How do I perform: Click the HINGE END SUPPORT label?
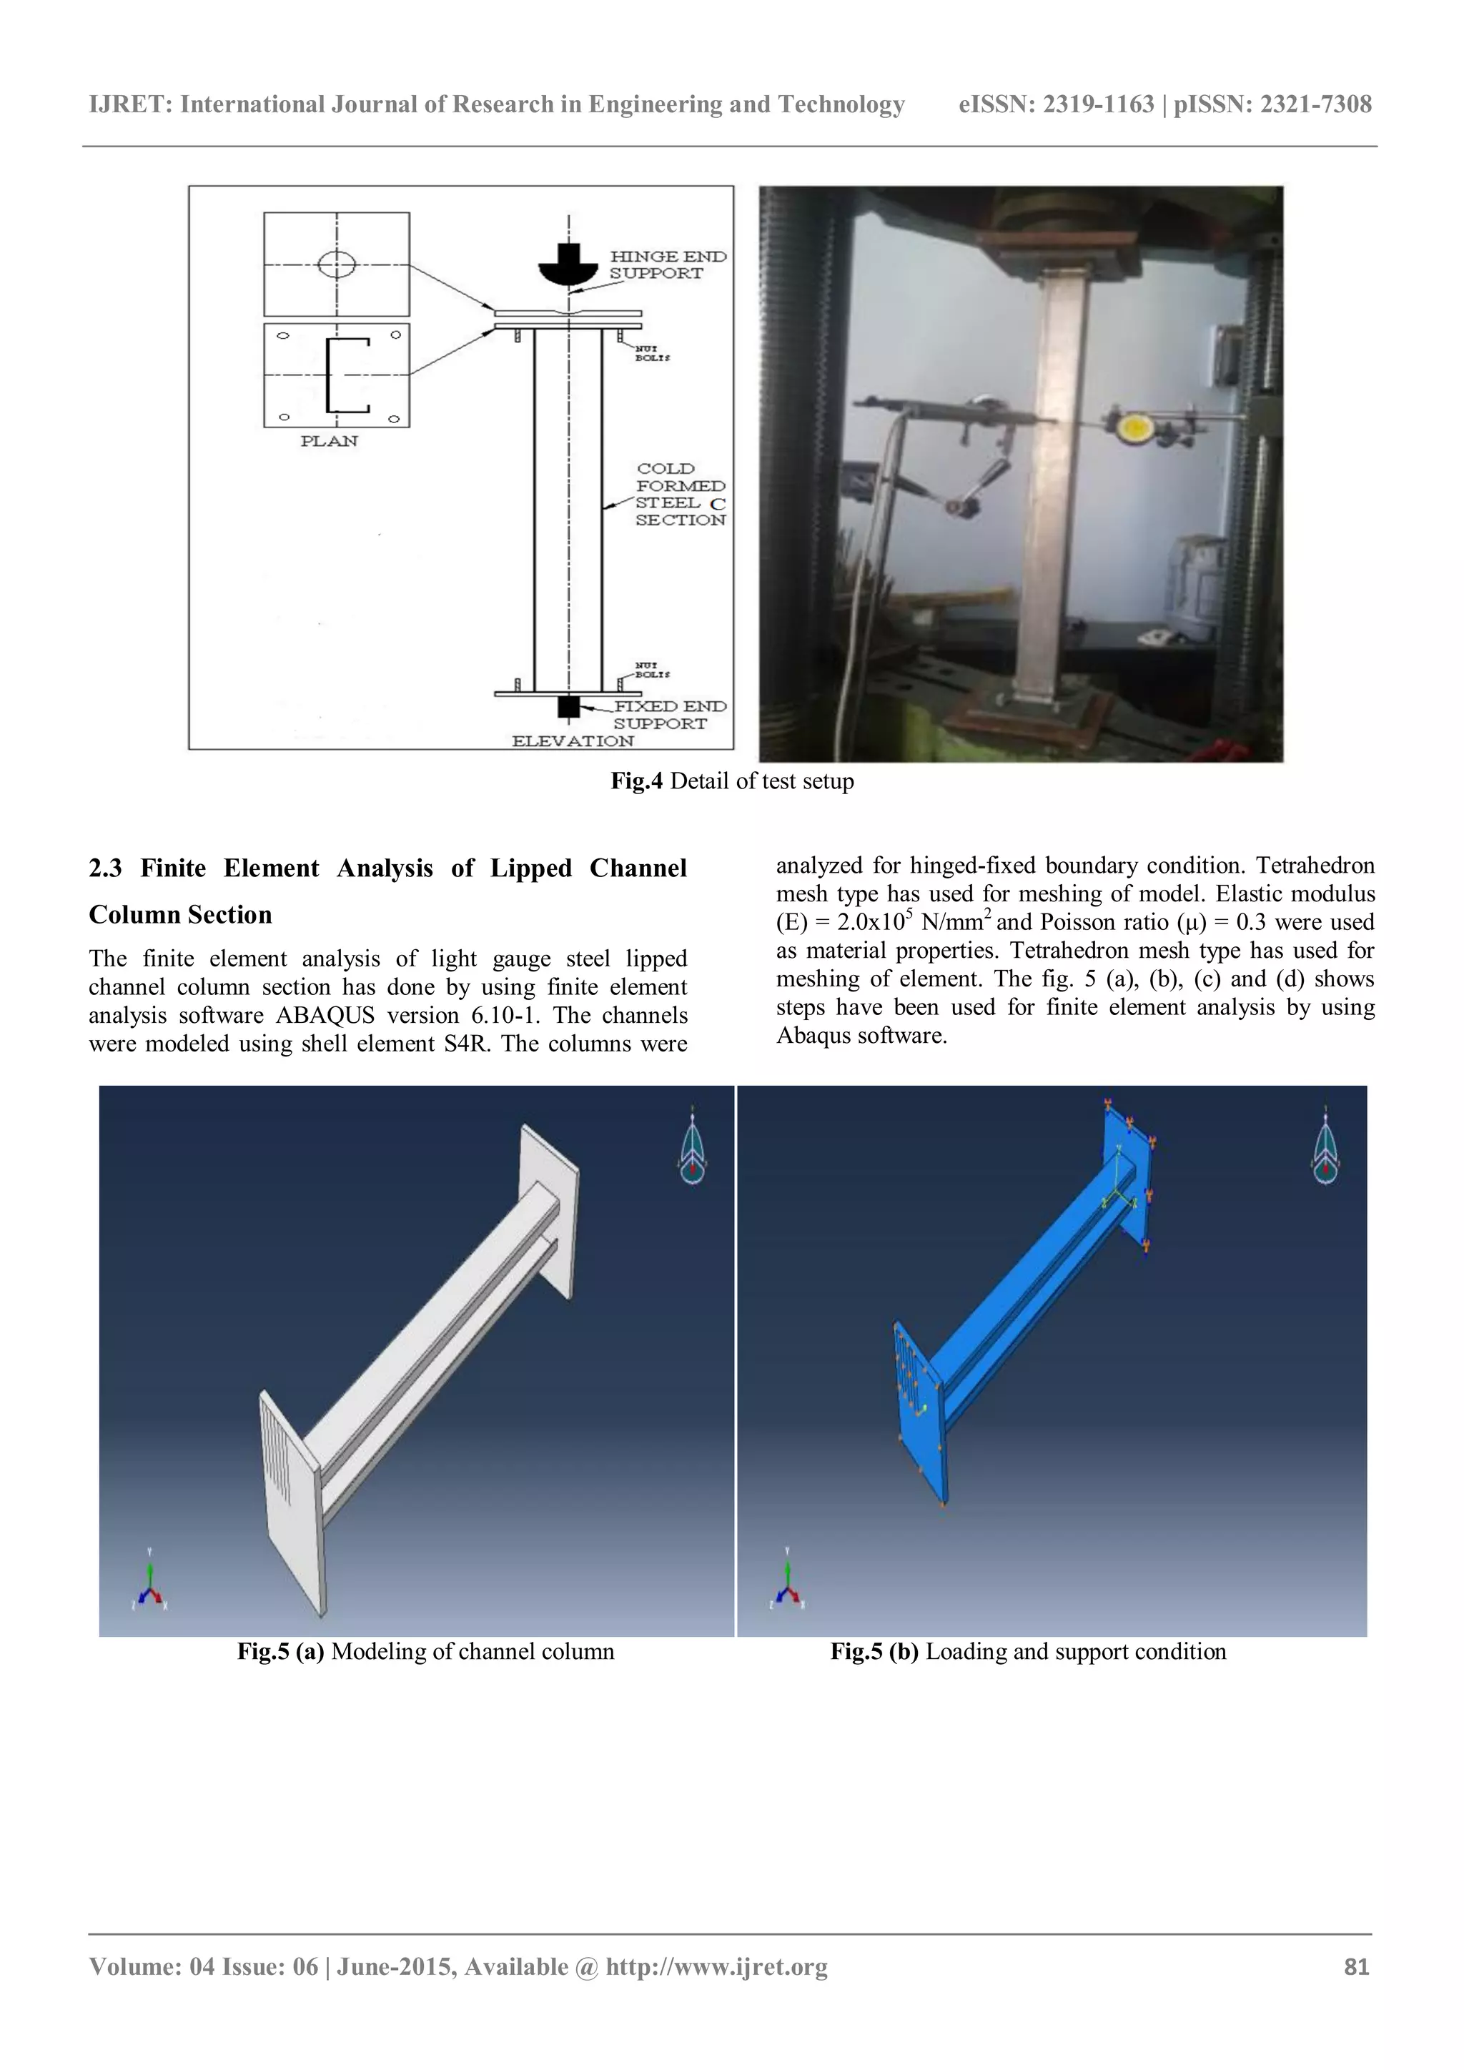click(667, 264)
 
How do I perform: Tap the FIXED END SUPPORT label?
click(669, 714)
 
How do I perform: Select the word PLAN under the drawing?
click(329, 441)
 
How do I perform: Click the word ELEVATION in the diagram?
click(573, 741)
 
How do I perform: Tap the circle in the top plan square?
click(336, 264)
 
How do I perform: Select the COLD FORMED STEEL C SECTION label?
click(680, 494)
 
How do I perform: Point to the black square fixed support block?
click(568, 706)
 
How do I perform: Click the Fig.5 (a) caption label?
click(280, 1652)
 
